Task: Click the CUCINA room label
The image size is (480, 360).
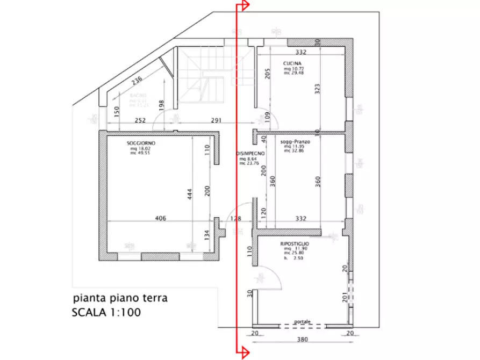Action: coord(293,63)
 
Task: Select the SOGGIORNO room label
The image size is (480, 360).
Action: coord(141,143)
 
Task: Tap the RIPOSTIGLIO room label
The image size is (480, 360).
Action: coord(293,244)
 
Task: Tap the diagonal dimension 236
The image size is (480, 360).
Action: coord(137,82)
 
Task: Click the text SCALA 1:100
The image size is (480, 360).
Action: coord(106,312)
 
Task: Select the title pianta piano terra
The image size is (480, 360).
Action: coord(120,299)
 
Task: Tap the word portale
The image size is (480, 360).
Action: coord(302,321)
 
